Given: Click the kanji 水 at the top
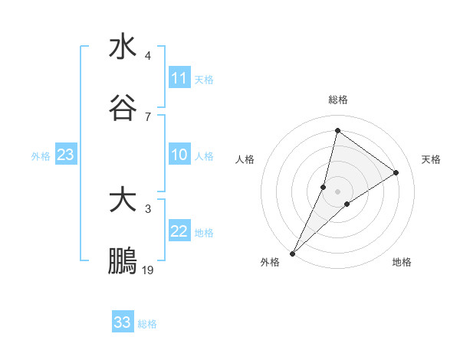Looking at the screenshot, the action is [x=123, y=47].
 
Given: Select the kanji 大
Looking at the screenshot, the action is [x=123, y=201].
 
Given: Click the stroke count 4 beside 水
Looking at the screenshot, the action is [x=148, y=56].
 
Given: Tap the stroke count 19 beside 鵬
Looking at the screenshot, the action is [x=148, y=270].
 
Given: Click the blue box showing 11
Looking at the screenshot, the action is [x=179, y=78].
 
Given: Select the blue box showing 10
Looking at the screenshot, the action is [x=179, y=155].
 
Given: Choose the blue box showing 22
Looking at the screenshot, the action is [x=179, y=231].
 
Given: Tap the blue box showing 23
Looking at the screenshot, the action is [x=66, y=155].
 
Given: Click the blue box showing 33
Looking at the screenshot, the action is [x=123, y=322].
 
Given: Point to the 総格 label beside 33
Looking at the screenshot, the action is [x=147, y=324].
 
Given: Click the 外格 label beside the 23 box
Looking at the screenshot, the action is [x=41, y=156].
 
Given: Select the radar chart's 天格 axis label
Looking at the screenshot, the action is [x=431, y=159].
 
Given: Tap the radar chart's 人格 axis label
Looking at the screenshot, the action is [x=245, y=159].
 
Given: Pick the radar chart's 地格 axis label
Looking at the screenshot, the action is [x=402, y=262].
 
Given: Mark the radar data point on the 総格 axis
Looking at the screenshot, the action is [x=337, y=131].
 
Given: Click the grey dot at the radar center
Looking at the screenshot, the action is [x=337, y=191].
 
